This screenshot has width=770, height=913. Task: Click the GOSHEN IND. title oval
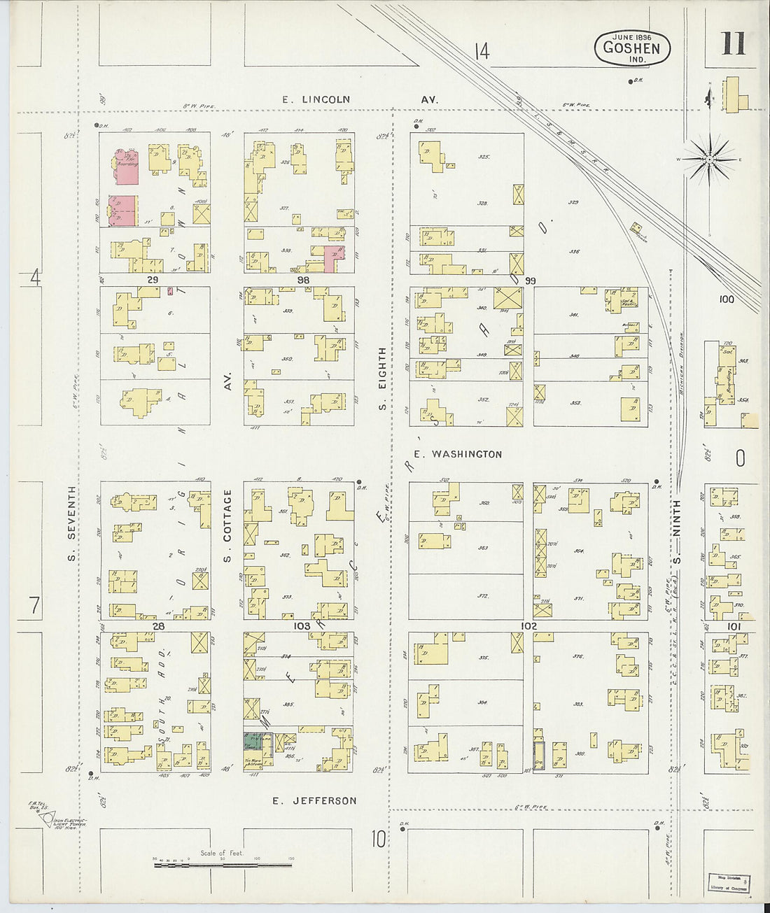[632, 48]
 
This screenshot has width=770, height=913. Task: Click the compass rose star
[709, 160]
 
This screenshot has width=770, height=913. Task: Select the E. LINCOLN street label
[316, 100]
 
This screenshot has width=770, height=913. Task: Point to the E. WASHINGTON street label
[457, 454]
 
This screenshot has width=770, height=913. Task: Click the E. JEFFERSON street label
[314, 800]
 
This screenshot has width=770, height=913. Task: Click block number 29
[153, 279]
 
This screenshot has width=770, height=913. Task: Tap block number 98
[302, 279]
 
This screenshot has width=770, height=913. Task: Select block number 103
[302, 625]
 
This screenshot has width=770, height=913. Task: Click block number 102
[528, 625]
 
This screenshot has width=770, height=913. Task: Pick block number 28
[158, 625]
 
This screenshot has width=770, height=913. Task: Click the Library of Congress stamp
[726, 882]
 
